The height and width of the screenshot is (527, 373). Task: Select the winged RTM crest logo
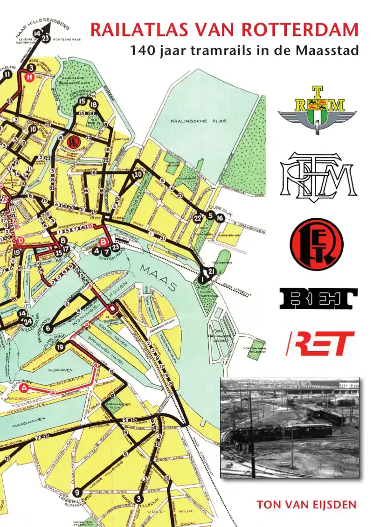[317, 111]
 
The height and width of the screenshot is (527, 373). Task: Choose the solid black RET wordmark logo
[318, 298]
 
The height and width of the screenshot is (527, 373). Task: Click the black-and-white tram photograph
[290, 427]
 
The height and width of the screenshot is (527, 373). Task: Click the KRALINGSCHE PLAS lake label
[204, 121]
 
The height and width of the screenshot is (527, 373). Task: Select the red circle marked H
[30, 78]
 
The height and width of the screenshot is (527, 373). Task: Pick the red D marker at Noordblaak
[21, 241]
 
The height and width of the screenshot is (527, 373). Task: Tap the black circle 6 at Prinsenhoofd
[49, 328]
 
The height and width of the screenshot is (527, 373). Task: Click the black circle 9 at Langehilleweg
[77, 492]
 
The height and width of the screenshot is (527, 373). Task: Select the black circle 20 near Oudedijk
[138, 175]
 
